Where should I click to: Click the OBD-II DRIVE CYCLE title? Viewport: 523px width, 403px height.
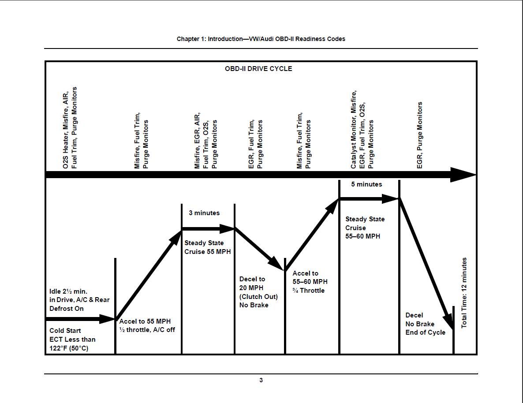point(258,69)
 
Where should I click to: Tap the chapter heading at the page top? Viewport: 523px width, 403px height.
point(261,39)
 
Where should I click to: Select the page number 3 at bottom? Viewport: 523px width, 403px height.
point(261,380)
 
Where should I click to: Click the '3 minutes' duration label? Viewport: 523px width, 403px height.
point(204,213)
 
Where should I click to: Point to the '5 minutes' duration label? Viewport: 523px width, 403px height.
point(366,184)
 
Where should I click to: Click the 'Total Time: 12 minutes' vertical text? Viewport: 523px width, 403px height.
point(464,293)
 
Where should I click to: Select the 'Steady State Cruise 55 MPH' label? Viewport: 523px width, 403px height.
point(207,247)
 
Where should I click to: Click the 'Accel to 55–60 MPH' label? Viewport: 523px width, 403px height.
point(310,278)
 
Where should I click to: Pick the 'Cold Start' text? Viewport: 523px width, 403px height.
point(65,331)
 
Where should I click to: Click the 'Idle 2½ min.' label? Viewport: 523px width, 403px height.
point(68,291)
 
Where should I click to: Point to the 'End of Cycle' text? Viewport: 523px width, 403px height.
point(425,332)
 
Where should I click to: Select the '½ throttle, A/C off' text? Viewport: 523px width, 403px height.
point(147,330)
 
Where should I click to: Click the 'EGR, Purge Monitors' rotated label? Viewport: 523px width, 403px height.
point(420,135)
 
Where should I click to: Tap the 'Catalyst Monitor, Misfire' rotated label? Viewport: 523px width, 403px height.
point(354,130)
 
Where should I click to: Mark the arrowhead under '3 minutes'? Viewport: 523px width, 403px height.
point(227,229)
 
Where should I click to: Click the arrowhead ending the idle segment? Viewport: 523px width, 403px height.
point(108,319)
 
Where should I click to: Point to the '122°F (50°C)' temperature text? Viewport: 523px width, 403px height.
point(69,348)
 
